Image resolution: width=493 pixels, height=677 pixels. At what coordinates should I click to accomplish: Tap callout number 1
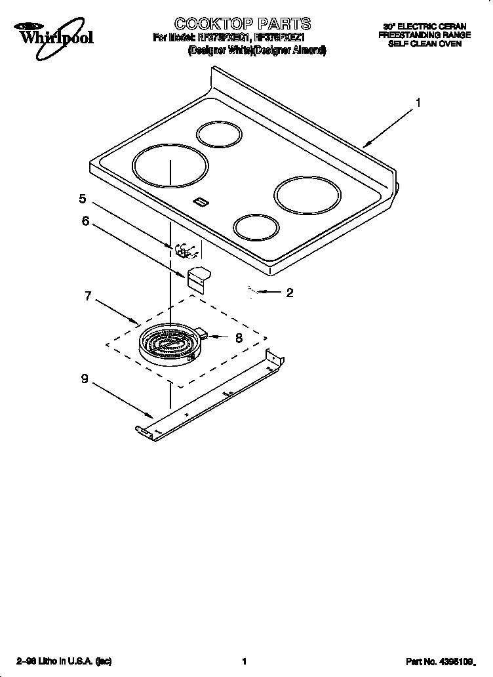(x=418, y=102)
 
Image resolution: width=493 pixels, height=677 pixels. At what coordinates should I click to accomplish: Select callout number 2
(x=289, y=293)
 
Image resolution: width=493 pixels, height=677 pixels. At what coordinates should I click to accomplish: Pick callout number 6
(x=85, y=221)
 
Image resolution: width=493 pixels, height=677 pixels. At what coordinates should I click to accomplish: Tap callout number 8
(x=239, y=338)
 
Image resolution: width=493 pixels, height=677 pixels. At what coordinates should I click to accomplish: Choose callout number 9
(x=85, y=379)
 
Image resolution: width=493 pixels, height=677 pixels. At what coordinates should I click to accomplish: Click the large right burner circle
(x=307, y=195)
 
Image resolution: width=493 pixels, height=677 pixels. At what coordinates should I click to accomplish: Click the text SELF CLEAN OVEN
(x=424, y=44)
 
